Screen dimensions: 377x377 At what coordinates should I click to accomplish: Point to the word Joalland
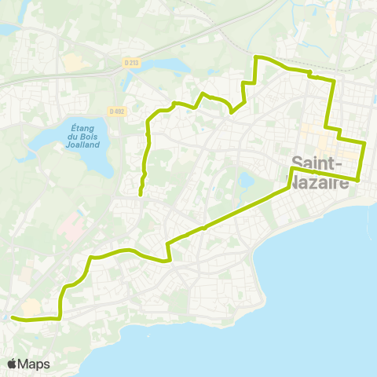pyautogui.click(x=84, y=145)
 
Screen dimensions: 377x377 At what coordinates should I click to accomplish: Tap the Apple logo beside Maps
pyautogui.click(x=13, y=364)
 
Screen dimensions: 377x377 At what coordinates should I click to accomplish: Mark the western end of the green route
pyautogui.click(x=13, y=317)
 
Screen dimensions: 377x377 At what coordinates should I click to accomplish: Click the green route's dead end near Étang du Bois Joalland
pyautogui.click(x=140, y=193)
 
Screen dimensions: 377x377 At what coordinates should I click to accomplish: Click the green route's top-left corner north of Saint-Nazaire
pyautogui.click(x=256, y=57)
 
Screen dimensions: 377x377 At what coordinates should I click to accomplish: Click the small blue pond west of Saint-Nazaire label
pyautogui.click(x=246, y=181)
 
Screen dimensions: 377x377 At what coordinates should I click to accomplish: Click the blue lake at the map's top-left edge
pyautogui.click(x=6, y=29)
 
